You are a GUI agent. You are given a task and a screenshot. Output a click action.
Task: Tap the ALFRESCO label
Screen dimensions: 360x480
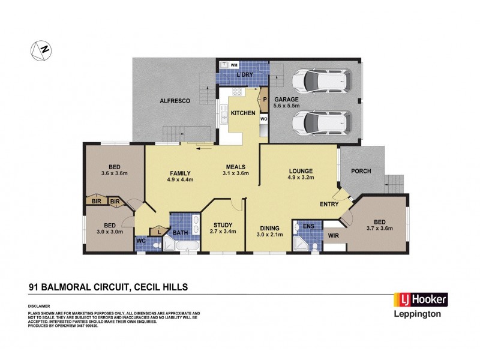[175, 101]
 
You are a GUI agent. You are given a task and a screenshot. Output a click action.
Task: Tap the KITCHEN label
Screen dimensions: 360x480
[243, 113]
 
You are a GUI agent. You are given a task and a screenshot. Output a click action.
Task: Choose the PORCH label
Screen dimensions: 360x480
[361, 171]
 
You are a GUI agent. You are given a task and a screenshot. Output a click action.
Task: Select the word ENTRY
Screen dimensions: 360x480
[329, 204]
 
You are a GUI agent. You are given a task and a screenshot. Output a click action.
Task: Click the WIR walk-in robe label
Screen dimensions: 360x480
[334, 236]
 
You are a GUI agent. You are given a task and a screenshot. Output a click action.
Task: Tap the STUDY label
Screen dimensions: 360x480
[223, 223]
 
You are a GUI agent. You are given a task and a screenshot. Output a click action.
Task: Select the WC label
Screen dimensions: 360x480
[142, 241]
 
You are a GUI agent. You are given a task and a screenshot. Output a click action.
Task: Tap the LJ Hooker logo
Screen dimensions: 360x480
[419, 299]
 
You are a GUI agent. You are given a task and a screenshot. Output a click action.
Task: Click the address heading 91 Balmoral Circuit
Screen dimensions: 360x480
[109, 287]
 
